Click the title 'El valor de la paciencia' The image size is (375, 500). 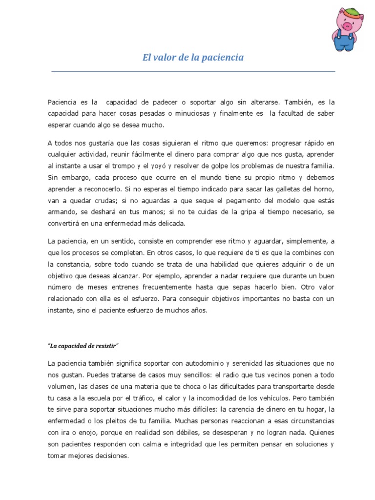coord(193,58)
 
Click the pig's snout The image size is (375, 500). coord(346,25)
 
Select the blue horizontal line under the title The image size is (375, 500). coord(193,71)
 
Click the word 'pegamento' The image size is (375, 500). coord(222,200)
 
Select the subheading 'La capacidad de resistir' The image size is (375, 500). coord(83,346)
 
